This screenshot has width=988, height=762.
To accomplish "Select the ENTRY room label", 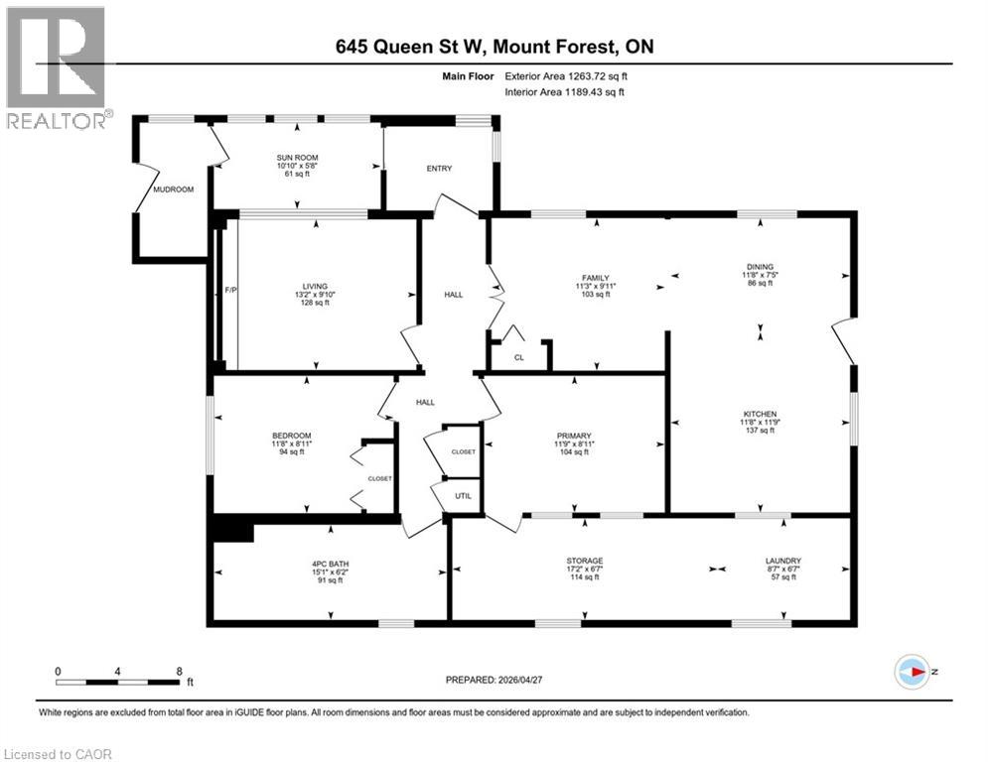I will click(439, 169).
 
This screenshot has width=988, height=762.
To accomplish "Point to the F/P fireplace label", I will click(230, 290).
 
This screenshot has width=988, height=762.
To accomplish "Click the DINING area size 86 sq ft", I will click(760, 284).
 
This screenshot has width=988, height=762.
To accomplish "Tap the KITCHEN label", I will click(760, 414).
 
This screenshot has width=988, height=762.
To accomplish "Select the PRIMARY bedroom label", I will click(574, 434).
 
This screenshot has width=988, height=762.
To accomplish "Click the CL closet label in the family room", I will click(518, 358).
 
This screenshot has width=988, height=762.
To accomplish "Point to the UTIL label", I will click(462, 495).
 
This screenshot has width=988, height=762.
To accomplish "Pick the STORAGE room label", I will click(585, 561).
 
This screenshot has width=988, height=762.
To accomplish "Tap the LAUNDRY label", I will click(783, 561).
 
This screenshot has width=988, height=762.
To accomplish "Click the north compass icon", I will click(911, 672).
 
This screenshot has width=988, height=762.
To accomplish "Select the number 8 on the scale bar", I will click(178, 671).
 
